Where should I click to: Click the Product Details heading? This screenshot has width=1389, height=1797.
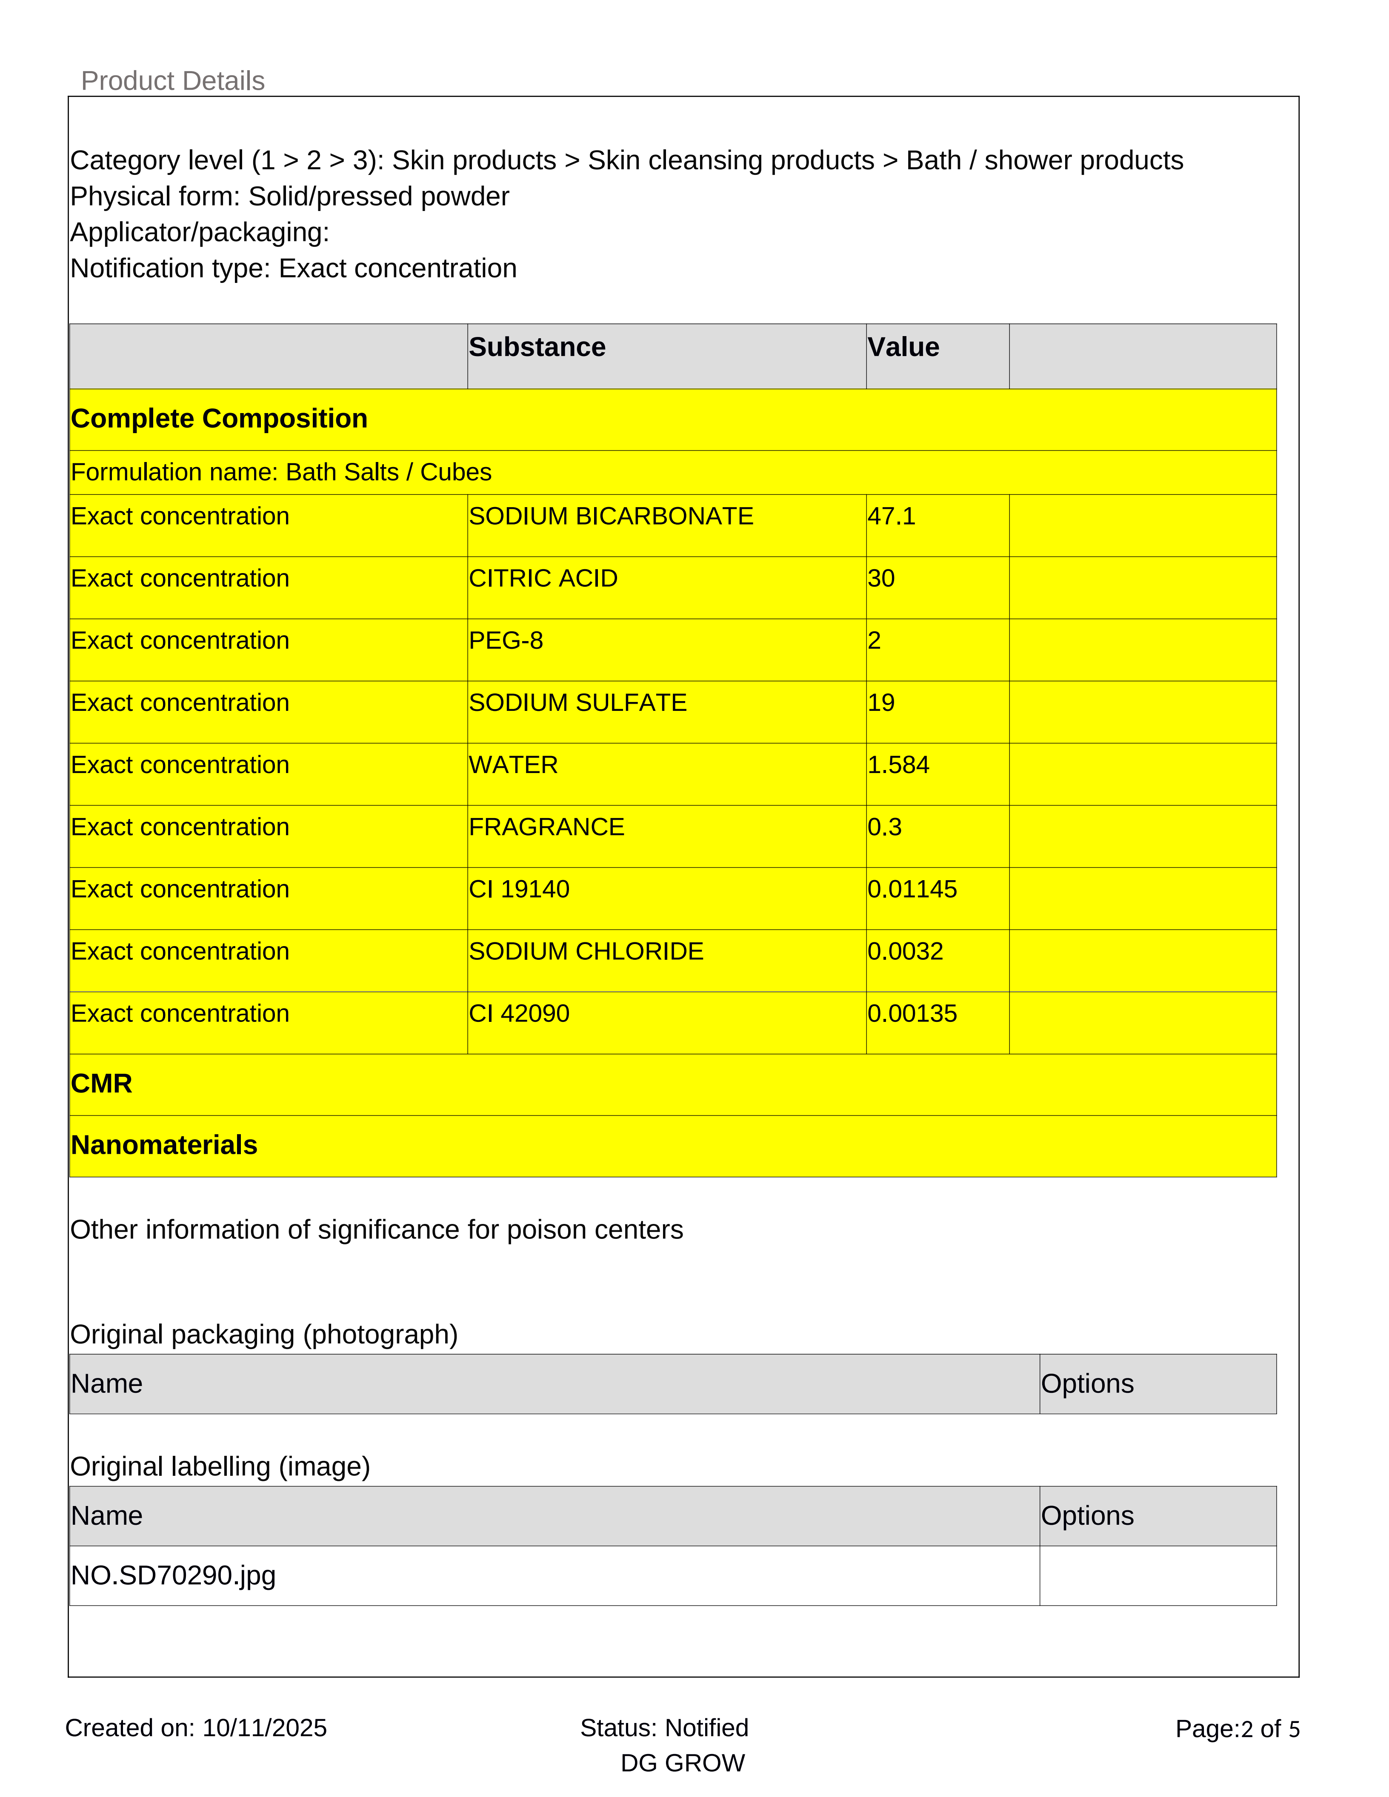pos(173,81)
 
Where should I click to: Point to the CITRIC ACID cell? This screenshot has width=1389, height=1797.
pos(543,579)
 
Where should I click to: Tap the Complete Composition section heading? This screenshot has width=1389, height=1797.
pos(219,419)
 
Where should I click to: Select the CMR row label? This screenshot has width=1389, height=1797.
pos(101,1084)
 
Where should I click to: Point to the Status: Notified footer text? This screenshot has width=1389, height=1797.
pos(664,1727)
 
